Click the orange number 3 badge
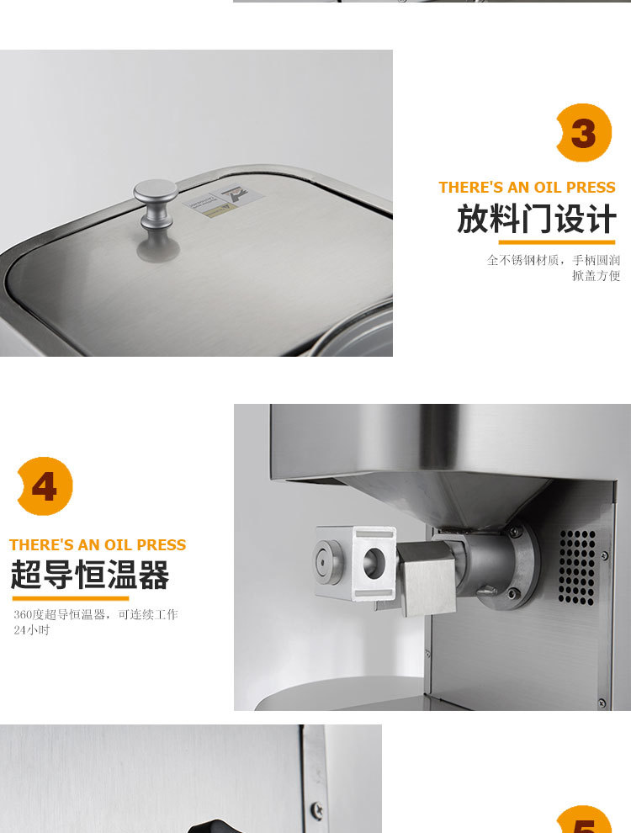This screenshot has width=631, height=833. coord(583,133)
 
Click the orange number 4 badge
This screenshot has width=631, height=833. coord(45,485)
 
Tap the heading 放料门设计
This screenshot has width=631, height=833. coord(536,220)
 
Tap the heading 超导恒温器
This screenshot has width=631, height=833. coord(90,576)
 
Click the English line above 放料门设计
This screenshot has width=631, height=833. coord(527,187)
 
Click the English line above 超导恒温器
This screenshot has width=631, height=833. coord(98,544)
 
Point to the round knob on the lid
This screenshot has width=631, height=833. coord(156,207)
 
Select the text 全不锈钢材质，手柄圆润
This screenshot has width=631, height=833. coord(553,260)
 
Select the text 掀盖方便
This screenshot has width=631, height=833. coord(596,276)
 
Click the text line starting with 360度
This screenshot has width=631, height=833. coord(95,614)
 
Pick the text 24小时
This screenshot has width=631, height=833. coord(32,630)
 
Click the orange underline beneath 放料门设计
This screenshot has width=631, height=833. coord(556,242)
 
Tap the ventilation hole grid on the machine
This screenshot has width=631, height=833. coord(577,566)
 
